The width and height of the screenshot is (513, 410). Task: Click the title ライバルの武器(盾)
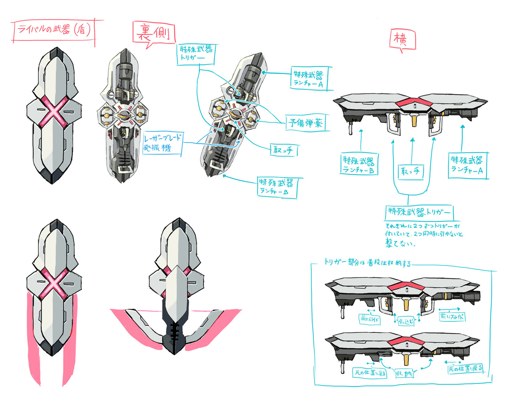point(54,30)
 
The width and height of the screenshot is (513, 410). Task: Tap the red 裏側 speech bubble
point(154,33)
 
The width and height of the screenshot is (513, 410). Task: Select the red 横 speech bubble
point(402,40)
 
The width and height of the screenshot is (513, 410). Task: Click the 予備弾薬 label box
point(306,123)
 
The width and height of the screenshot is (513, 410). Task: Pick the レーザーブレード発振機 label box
point(163,143)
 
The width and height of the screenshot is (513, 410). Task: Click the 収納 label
point(404,374)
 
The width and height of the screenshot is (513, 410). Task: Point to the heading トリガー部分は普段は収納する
point(368,263)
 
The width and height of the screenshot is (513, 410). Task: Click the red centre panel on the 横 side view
point(414,103)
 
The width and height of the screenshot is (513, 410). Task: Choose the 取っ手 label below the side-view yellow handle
point(410,171)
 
